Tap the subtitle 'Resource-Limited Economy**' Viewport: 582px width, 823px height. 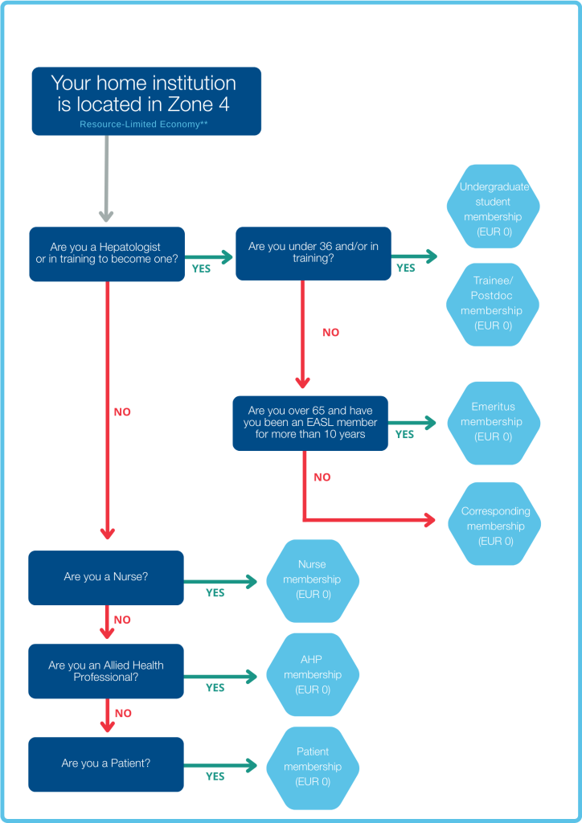tap(144, 125)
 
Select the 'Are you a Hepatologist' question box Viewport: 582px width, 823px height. tap(107, 254)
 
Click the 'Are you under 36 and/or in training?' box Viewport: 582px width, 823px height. tap(313, 253)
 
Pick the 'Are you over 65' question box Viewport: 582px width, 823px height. tap(310, 423)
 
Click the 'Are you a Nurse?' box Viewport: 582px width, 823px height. tap(106, 577)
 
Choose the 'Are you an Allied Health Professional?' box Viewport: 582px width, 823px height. tap(106, 671)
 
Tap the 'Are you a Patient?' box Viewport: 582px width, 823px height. tap(106, 764)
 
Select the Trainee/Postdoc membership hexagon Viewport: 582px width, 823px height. tap(493, 304)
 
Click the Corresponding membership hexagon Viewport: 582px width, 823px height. tap(494, 526)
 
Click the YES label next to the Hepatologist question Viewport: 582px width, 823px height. tap(201, 269)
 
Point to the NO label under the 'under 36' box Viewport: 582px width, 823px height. tap(330, 332)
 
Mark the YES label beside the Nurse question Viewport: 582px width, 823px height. tap(215, 593)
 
